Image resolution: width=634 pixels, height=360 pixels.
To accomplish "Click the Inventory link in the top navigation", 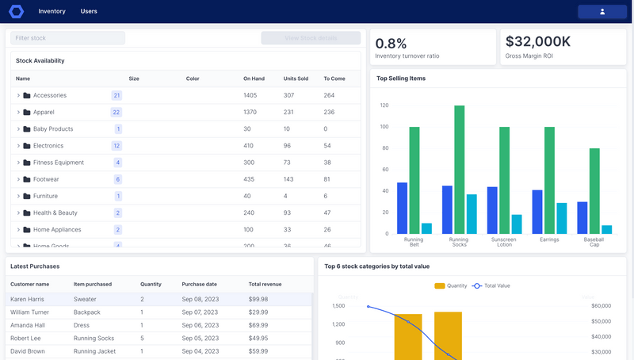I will pyautogui.click(x=52, y=12).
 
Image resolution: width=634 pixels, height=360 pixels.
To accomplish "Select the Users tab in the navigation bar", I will pyautogui.click(x=89, y=12).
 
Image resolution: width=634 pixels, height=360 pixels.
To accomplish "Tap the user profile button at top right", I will pyautogui.click(x=602, y=12).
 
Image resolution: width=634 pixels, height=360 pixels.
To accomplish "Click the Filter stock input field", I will pyautogui.click(x=67, y=38).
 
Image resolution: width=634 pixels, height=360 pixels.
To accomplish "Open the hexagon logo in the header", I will pyautogui.click(x=16, y=12).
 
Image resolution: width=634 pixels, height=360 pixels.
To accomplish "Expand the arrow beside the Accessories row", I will pyautogui.click(x=18, y=95).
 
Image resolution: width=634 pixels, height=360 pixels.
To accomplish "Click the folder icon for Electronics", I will pyautogui.click(x=27, y=146).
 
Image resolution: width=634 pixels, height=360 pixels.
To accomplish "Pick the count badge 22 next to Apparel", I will pyautogui.click(x=116, y=113).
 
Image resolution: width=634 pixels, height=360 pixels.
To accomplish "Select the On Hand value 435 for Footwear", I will pyautogui.click(x=249, y=179).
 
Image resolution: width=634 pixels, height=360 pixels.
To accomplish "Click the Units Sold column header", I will pyautogui.click(x=296, y=79).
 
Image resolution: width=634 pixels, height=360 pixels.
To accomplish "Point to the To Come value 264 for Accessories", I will pyautogui.click(x=329, y=95).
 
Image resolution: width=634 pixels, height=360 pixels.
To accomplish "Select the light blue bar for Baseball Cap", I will pyautogui.click(x=606, y=229).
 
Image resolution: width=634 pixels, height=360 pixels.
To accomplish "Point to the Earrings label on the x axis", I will pyautogui.click(x=549, y=239).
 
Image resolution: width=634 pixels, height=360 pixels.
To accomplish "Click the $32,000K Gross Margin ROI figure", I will pyautogui.click(x=537, y=42).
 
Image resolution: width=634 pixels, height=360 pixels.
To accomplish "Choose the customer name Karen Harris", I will pyautogui.click(x=28, y=300).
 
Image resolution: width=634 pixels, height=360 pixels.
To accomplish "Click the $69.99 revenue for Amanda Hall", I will pyautogui.click(x=259, y=325).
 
